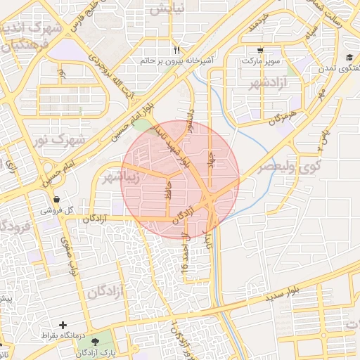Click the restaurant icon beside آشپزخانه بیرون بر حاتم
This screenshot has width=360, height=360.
point(176,51)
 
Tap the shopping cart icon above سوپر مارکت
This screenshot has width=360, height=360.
point(261,51)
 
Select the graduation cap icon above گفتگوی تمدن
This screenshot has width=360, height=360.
point(349,58)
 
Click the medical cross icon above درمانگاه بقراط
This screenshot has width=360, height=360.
point(64,325)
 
